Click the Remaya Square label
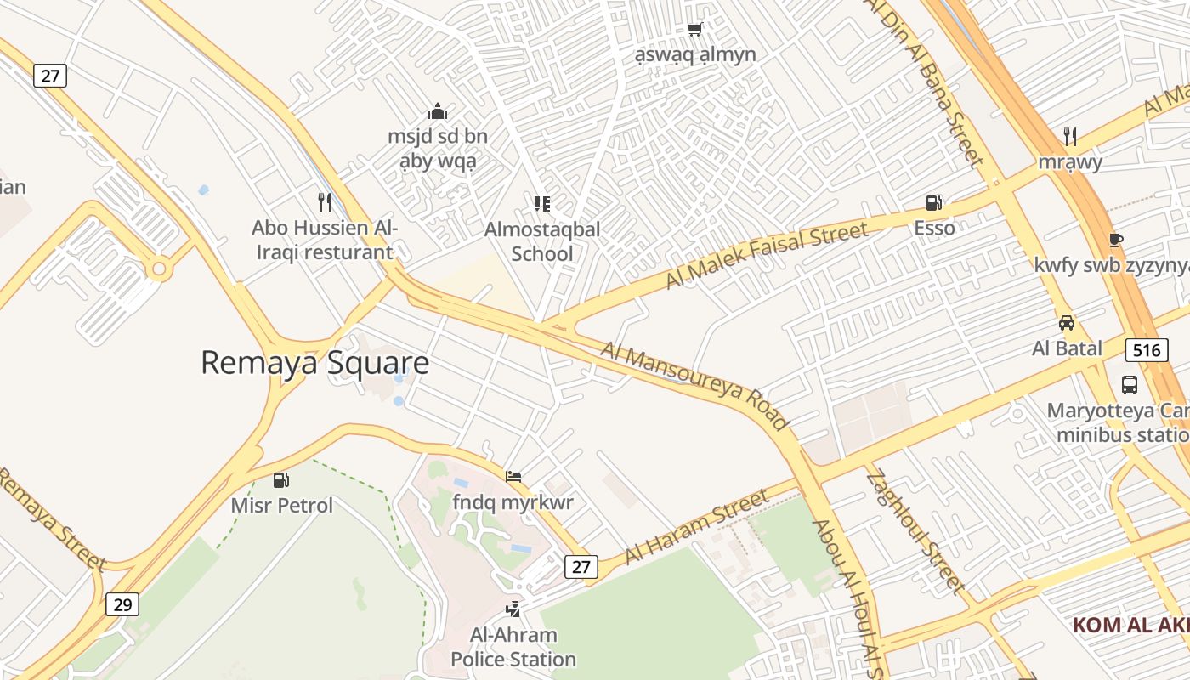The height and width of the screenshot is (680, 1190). pos(314,363)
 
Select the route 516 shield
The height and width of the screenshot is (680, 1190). pos(1146,349)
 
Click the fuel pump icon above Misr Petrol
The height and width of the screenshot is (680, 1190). pos(281,480)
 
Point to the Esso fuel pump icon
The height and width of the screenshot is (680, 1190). pos(934,203)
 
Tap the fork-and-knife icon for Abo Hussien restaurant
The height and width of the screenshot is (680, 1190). pos(324,201)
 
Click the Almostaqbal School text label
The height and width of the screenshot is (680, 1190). pos(542,241)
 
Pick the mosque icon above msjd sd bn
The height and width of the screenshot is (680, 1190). pos(438,111)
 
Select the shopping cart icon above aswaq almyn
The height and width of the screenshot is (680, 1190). pos(694,30)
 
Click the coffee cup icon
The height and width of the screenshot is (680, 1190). pos(1116,241)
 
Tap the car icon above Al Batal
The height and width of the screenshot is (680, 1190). pos(1067,323)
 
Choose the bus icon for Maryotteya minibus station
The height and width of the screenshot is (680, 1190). pos(1130,384)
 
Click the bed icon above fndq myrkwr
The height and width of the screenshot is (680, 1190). pos(513,477)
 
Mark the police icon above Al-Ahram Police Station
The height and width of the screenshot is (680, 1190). pos(513,609)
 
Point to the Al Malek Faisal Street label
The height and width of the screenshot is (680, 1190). pos(767,253)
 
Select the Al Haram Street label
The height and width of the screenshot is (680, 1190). pos(696,526)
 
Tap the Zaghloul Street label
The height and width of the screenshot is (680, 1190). pos(915,531)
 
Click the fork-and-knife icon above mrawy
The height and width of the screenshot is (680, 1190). pos(1070,136)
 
